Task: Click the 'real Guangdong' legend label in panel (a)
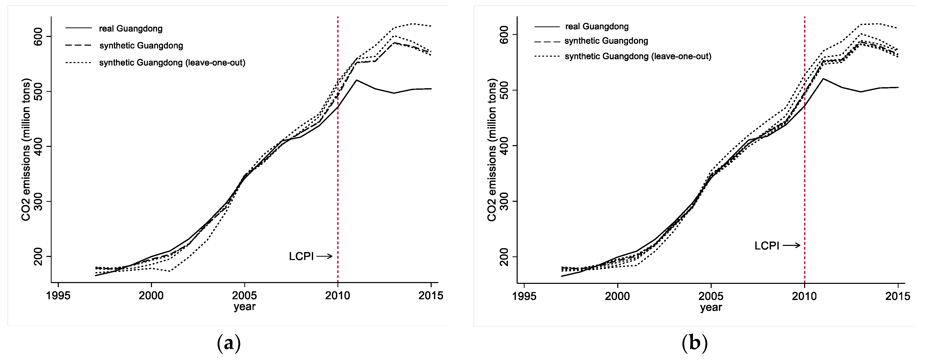130,29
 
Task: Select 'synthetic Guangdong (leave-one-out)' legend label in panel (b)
638,56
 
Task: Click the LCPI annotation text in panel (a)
301,256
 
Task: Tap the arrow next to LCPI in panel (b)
791,245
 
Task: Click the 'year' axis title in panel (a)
244,307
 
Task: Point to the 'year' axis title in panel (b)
711,307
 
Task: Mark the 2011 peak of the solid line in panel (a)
356,80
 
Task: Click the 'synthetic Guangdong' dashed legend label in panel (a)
141,46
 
